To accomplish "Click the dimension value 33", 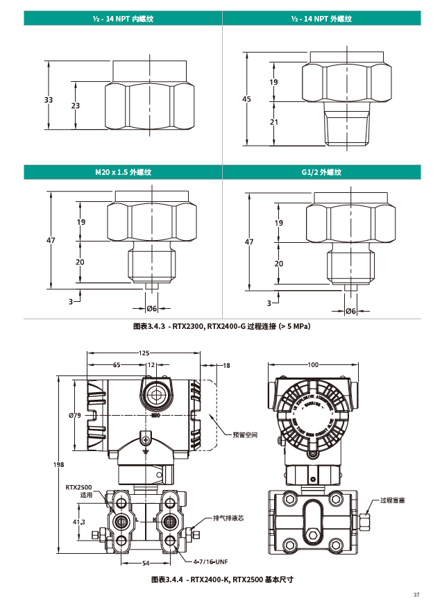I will (x=49, y=100).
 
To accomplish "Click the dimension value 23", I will (x=76, y=105).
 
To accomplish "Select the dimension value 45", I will (x=246, y=99).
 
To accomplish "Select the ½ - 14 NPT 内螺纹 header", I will (x=123, y=19).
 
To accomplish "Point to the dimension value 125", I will (x=144, y=353).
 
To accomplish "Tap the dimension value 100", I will (x=313, y=364).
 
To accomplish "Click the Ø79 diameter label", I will (x=76, y=415).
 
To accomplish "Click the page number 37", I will (x=416, y=595).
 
